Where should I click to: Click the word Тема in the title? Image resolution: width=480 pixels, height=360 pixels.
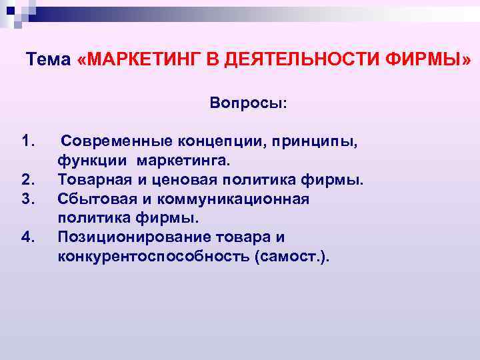(48, 60)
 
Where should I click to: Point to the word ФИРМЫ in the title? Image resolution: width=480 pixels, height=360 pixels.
(427, 60)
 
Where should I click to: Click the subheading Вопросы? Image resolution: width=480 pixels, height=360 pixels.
(249, 103)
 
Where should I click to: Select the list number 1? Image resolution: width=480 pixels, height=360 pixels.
(28, 141)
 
